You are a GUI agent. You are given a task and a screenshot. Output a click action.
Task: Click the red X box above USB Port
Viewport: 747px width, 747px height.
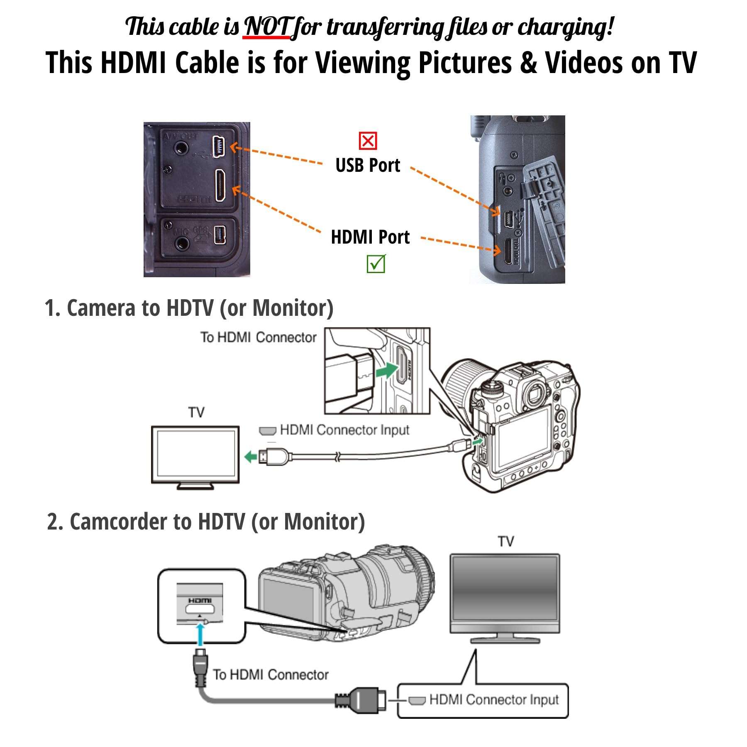368,141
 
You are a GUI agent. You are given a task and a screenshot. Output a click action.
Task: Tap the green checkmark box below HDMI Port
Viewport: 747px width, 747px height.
376,264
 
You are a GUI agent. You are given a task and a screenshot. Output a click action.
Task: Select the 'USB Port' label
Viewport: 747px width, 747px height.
368,166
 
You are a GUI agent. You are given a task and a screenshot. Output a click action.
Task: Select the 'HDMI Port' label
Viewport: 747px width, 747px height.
370,237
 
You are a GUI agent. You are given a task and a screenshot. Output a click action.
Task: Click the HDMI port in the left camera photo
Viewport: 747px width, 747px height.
220,186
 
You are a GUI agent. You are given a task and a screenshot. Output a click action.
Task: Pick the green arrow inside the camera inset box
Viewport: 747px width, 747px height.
386,369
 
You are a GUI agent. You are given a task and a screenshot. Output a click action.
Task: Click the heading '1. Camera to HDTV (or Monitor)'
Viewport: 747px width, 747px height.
189,308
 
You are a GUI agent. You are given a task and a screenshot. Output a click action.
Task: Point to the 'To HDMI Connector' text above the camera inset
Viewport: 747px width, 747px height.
258,337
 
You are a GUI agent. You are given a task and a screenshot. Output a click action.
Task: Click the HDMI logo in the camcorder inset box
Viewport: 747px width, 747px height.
200,601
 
